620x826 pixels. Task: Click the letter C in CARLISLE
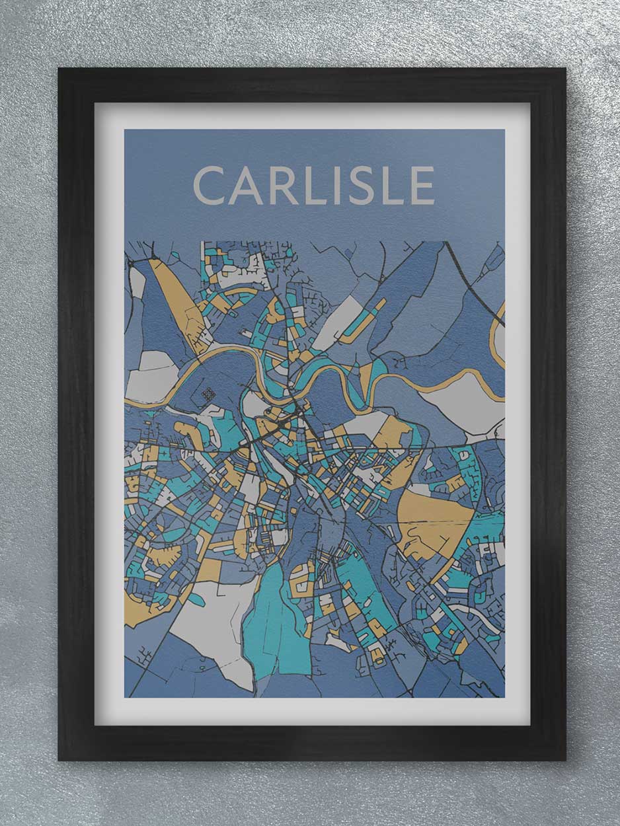210,186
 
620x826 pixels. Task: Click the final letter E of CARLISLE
423,186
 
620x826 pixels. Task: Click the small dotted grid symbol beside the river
209,394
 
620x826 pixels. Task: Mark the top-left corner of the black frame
60,70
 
